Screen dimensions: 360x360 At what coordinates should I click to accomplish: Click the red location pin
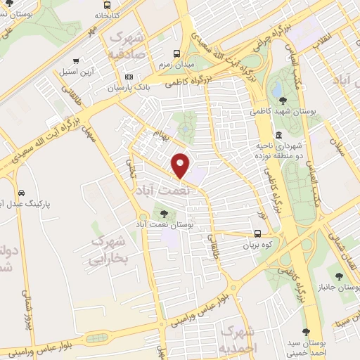point(181,165)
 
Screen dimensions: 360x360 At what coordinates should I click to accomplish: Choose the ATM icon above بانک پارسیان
point(128,77)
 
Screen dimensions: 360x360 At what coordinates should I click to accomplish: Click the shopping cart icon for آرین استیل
point(76,60)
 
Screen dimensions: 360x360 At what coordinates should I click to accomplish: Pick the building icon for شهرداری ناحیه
point(279,135)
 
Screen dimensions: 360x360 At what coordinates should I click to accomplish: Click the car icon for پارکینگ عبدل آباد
point(22,193)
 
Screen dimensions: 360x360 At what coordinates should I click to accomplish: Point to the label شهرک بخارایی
point(109,250)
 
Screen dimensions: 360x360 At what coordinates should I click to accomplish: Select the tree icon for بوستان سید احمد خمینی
point(308,331)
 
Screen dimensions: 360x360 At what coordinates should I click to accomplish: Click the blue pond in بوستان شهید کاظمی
point(276,89)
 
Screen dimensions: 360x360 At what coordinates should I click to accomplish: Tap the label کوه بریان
point(258,246)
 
